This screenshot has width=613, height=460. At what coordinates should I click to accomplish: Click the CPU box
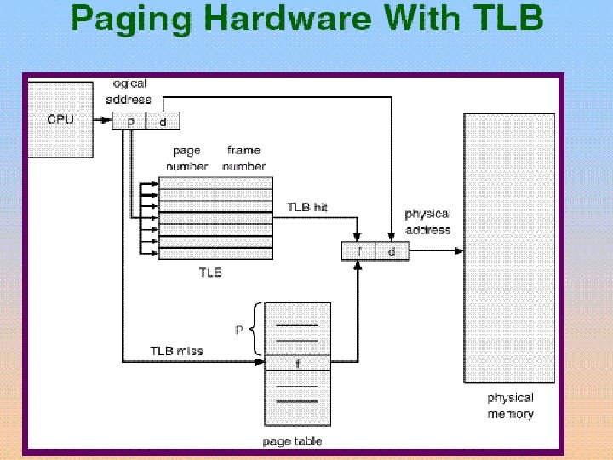point(60,119)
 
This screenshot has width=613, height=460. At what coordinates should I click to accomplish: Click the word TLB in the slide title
point(507,19)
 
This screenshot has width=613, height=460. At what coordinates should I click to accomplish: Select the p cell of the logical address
point(129,121)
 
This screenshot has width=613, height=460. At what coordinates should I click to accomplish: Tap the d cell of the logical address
point(163,121)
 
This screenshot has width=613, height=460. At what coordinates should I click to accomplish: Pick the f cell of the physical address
point(359,251)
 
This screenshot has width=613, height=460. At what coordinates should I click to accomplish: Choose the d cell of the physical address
point(392,251)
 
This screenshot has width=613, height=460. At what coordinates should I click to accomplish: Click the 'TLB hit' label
point(307,208)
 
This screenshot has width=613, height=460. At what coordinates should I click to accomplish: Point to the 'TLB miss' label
point(176,350)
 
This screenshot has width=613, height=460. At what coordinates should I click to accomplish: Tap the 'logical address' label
point(129,90)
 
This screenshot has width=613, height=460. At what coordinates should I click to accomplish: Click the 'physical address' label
point(427,221)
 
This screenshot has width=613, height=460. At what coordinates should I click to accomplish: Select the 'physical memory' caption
point(510,405)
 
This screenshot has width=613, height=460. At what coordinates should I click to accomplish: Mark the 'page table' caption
point(293,440)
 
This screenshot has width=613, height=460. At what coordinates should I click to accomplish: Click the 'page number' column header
point(187,158)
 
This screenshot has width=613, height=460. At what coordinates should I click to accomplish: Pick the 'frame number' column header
point(243,158)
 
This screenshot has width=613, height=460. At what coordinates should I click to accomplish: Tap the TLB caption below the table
point(211,273)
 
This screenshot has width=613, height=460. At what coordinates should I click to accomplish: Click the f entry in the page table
point(297,363)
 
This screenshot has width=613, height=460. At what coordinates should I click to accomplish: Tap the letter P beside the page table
point(240,328)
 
